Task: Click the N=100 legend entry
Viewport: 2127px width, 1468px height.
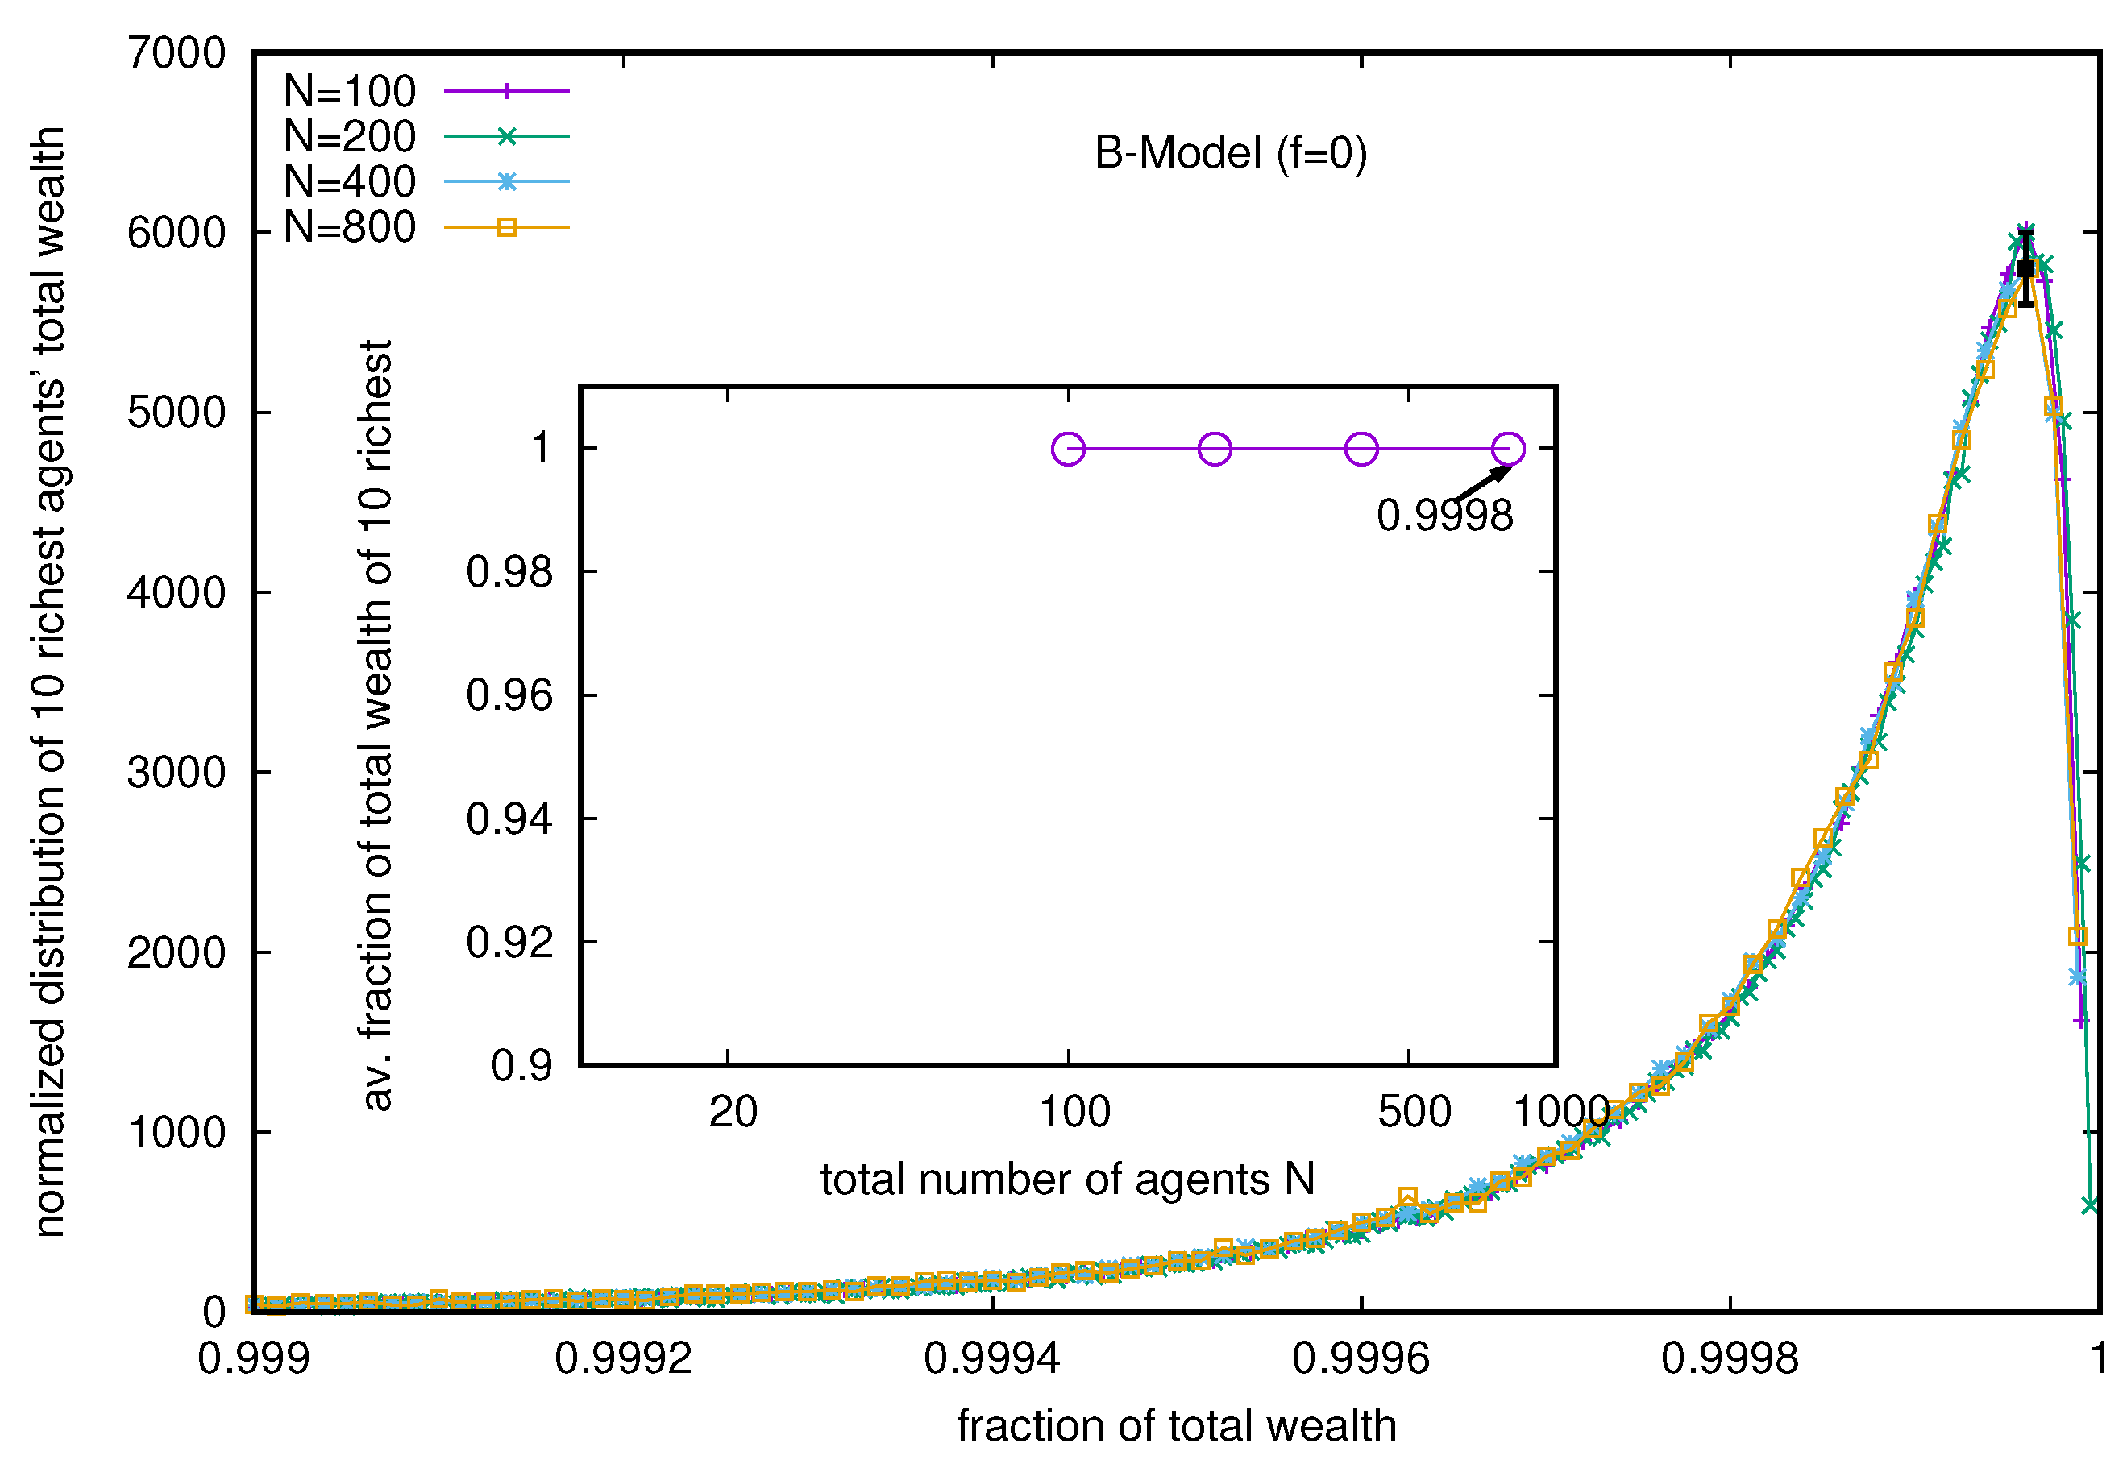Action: [x=350, y=91]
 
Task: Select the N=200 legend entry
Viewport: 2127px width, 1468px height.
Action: [x=350, y=136]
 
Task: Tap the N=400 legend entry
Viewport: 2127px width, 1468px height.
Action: [x=350, y=181]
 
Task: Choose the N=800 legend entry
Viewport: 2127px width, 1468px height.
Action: [x=350, y=226]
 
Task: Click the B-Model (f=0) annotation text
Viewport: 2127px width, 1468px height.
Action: [x=1230, y=153]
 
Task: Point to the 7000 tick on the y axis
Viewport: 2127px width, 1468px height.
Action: [x=177, y=54]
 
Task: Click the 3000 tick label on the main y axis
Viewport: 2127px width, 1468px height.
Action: [x=177, y=773]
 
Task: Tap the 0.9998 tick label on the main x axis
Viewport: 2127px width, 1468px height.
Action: [x=1729, y=1358]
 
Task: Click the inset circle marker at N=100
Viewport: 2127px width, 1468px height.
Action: [x=1067, y=449]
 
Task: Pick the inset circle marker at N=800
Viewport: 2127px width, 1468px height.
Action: [x=1508, y=449]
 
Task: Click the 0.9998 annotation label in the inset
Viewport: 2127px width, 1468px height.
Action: [x=1444, y=515]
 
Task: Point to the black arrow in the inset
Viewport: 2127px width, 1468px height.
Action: [x=1483, y=483]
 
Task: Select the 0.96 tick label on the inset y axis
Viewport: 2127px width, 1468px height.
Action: [x=509, y=695]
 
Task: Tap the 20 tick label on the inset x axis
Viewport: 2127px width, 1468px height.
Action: [x=733, y=1112]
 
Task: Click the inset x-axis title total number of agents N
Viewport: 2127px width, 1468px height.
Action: [x=1067, y=1180]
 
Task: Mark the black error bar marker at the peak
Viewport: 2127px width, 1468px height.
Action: [x=2025, y=268]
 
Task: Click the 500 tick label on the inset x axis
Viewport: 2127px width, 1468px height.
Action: [x=1414, y=1112]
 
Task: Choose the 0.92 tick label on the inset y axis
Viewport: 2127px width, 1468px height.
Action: [x=509, y=943]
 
